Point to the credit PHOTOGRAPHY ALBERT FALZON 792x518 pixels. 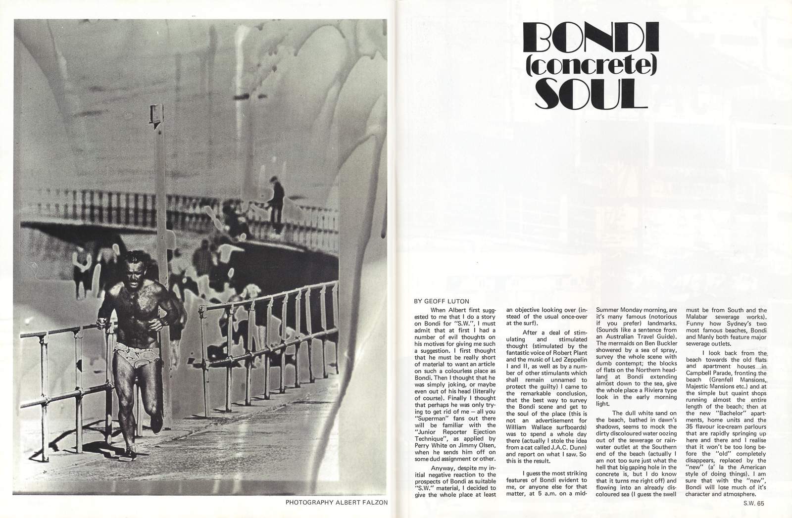pyautogui.click(x=336, y=502)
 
